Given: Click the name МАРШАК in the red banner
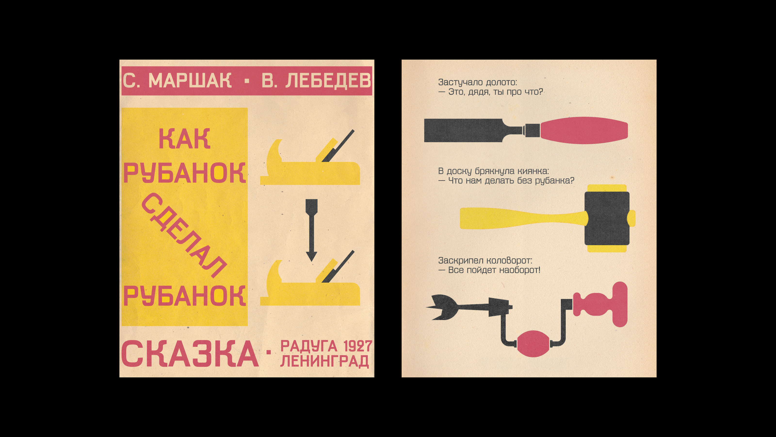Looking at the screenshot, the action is click(x=190, y=81).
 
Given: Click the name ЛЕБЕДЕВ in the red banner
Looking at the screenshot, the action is click(x=328, y=81).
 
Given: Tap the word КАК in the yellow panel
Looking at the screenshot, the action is click(x=184, y=138).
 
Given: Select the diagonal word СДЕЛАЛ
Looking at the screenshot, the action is click(x=184, y=235).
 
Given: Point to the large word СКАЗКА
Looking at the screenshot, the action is click(x=190, y=353).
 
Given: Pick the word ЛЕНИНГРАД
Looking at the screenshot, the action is click(x=325, y=361).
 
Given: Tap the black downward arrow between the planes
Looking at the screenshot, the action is click(x=311, y=230).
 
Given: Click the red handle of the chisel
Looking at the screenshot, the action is click(x=584, y=130).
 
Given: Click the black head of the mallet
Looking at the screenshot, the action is click(x=607, y=218).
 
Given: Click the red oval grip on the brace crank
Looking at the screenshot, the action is click(x=533, y=344).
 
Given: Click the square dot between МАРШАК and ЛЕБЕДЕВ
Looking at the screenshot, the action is click(x=247, y=81).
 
